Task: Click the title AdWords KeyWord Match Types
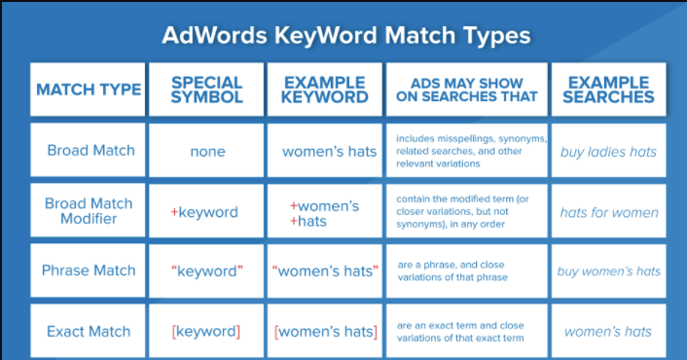coord(346,36)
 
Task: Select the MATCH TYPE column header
coord(88,90)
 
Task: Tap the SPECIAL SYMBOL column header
coord(207,90)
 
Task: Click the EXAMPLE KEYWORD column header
coord(325,90)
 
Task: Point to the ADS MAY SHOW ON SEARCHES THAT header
coord(466,90)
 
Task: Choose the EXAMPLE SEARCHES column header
coord(609,90)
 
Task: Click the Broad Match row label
coord(90,151)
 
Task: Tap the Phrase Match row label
coord(90,270)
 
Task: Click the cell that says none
coord(207,151)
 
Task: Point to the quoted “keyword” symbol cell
coord(207,271)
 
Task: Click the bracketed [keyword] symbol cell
coord(207,332)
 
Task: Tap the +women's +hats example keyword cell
coord(325,213)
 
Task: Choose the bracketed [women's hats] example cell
coord(326,332)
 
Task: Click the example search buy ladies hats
coord(608,152)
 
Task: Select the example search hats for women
coord(609,212)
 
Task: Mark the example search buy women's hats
coord(609,271)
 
